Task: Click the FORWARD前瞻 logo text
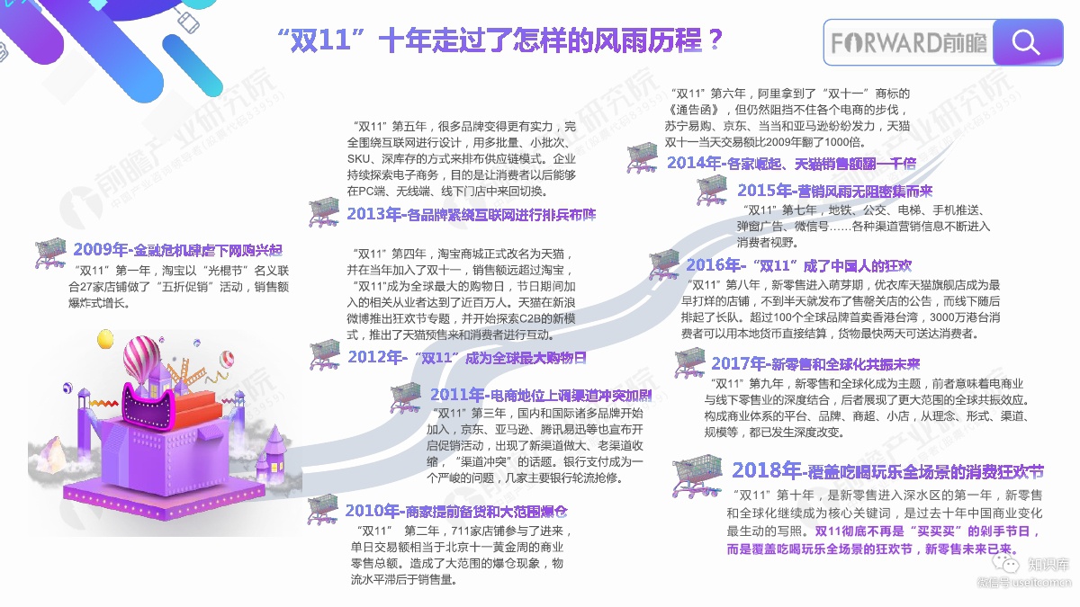pos(908,43)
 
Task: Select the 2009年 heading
pos(177,249)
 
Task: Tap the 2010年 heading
pos(456,511)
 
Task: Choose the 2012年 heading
pos(467,357)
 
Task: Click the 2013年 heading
pos(471,215)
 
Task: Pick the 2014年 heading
pos(791,163)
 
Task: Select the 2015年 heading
pos(835,191)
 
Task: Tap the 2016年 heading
pos(798,265)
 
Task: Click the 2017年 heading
pos(815,364)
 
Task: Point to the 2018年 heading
pos(887,471)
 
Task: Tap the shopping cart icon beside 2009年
pos(51,254)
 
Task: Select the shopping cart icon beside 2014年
pos(643,158)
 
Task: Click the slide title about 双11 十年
pos(501,41)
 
